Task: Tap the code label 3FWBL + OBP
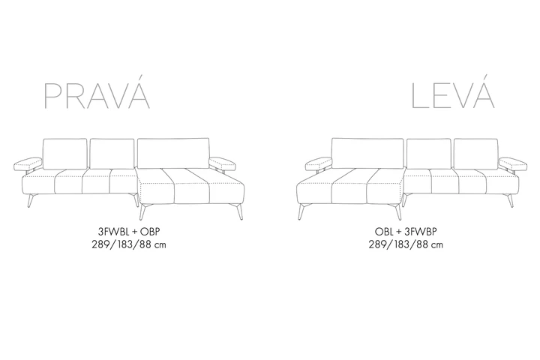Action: [129, 232]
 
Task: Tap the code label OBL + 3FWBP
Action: [406, 232]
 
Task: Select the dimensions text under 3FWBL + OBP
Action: [129, 244]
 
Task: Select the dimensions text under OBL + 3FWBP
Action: [406, 244]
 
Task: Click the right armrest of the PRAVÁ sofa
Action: [223, 163]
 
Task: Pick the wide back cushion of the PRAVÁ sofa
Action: [173, 153]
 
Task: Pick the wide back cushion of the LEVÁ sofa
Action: [367, 153]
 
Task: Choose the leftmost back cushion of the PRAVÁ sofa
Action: [64, 154]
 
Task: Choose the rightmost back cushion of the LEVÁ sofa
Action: [475, 154]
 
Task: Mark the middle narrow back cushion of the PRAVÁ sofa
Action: [112, 154]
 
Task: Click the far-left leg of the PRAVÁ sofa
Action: [31, 201]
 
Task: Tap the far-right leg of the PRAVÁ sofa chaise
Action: [240, 211]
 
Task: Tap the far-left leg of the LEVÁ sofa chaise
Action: [301, 211]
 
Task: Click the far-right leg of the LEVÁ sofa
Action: [510, 201]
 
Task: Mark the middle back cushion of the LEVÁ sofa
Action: [428, 154]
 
